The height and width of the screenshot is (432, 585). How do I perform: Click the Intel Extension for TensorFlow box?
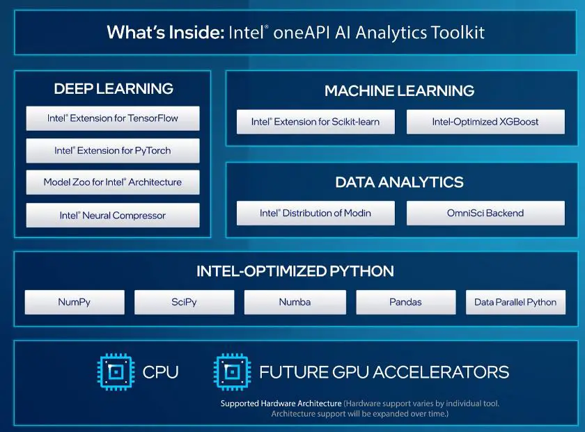(113, 118)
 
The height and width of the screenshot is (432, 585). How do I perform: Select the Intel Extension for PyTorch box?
(113, 150)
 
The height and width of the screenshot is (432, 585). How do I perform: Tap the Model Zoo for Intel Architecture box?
(113, 182)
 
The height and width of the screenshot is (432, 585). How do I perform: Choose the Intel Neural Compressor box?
(113, 215)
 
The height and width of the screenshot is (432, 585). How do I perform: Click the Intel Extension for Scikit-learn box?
(315, 122)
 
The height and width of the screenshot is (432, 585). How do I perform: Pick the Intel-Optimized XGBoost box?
(485, 122)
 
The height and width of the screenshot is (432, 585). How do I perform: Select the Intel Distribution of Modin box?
(315, 213)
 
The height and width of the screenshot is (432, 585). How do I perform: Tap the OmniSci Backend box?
(485, 213)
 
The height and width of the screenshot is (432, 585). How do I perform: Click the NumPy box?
(75, 303)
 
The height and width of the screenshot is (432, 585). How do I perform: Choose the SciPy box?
(184, 303)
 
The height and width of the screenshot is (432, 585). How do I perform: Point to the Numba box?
(295, 303)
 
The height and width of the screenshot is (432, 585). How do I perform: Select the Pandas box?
(405, 303)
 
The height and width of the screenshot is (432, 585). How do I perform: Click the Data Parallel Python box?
(515, 303)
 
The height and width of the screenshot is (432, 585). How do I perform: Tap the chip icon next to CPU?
(114, 371)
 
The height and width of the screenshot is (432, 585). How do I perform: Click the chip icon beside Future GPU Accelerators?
(231, 371)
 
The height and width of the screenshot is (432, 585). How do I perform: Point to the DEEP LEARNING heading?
(114, 88)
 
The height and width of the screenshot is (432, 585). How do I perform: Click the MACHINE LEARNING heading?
(399, 90)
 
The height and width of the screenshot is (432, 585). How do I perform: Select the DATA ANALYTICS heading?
(399, 182)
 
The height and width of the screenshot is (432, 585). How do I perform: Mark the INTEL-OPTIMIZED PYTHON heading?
(295, 271)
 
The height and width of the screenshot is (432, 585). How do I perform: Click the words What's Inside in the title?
(164, 32)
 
